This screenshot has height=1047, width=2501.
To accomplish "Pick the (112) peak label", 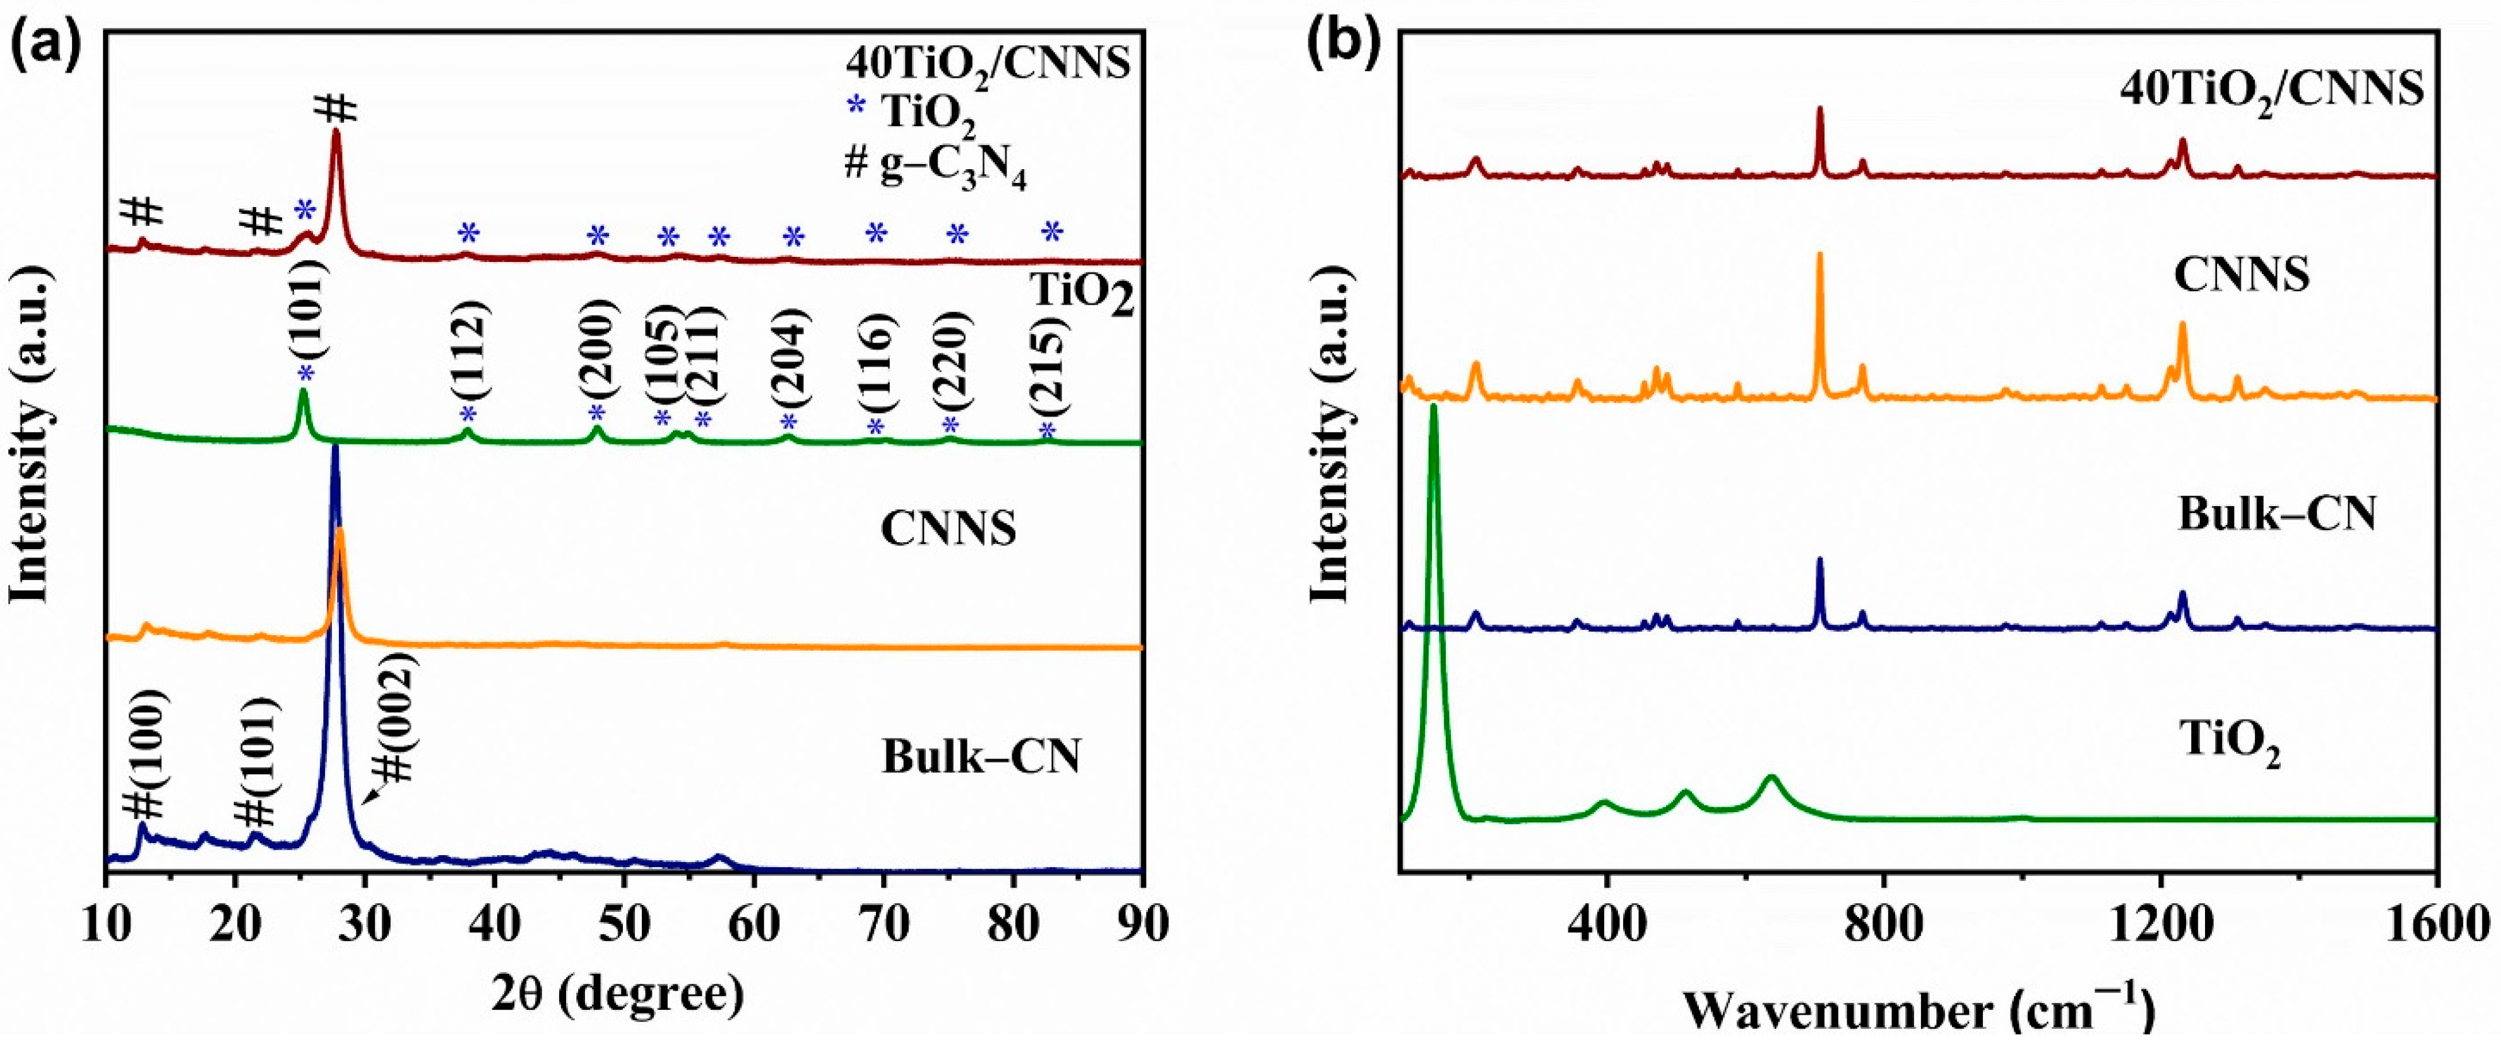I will pyautogui.click(x=470, y=355).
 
